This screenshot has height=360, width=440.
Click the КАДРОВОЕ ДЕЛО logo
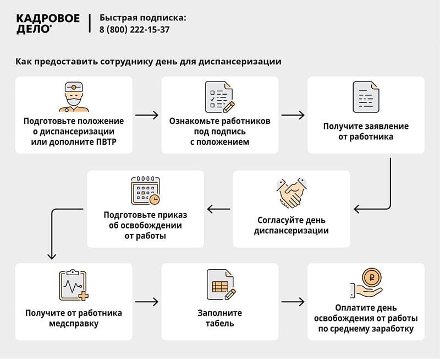[x=48, y=24]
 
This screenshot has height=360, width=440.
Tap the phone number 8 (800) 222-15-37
[x=134, y=30]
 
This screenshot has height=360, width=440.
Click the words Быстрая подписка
[x=142, y=18]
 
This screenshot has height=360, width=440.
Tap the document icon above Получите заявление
[x=366, y=97]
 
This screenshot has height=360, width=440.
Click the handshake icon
[x=291, y=193]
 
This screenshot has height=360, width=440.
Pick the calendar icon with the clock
[x=145, y=191]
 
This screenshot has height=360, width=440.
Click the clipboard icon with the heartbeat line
[x=73, y=285]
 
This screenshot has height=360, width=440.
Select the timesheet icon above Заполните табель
[x=221, y=285]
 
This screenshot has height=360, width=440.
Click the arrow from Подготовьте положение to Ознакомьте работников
[x=146, y=115]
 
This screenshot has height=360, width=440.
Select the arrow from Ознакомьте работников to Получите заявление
[x=293, y=115]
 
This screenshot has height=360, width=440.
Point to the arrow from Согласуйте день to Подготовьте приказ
[x=218, y=209]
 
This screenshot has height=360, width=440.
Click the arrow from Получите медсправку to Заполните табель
[x=146, y=302]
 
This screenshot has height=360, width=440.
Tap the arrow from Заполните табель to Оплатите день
[x=293, y=302]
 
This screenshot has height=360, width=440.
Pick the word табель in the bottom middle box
[x=219, y=324]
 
